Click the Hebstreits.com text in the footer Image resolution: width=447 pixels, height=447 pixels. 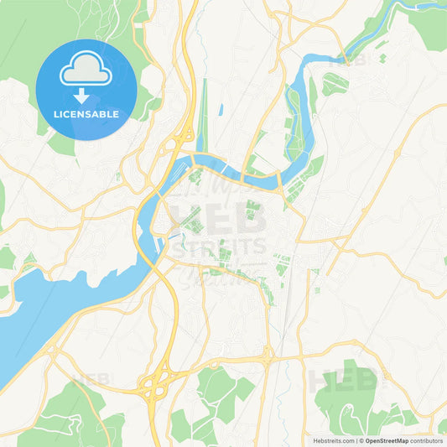click(332, 440)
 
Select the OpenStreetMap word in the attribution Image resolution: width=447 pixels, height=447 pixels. click(387, 440)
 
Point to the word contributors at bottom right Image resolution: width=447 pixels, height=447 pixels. click(427, 440)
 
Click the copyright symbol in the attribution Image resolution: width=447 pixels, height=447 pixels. click(361, 440)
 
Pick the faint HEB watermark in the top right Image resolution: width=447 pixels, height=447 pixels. click(351, 60)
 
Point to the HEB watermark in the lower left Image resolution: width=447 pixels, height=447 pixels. click(91, 381)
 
